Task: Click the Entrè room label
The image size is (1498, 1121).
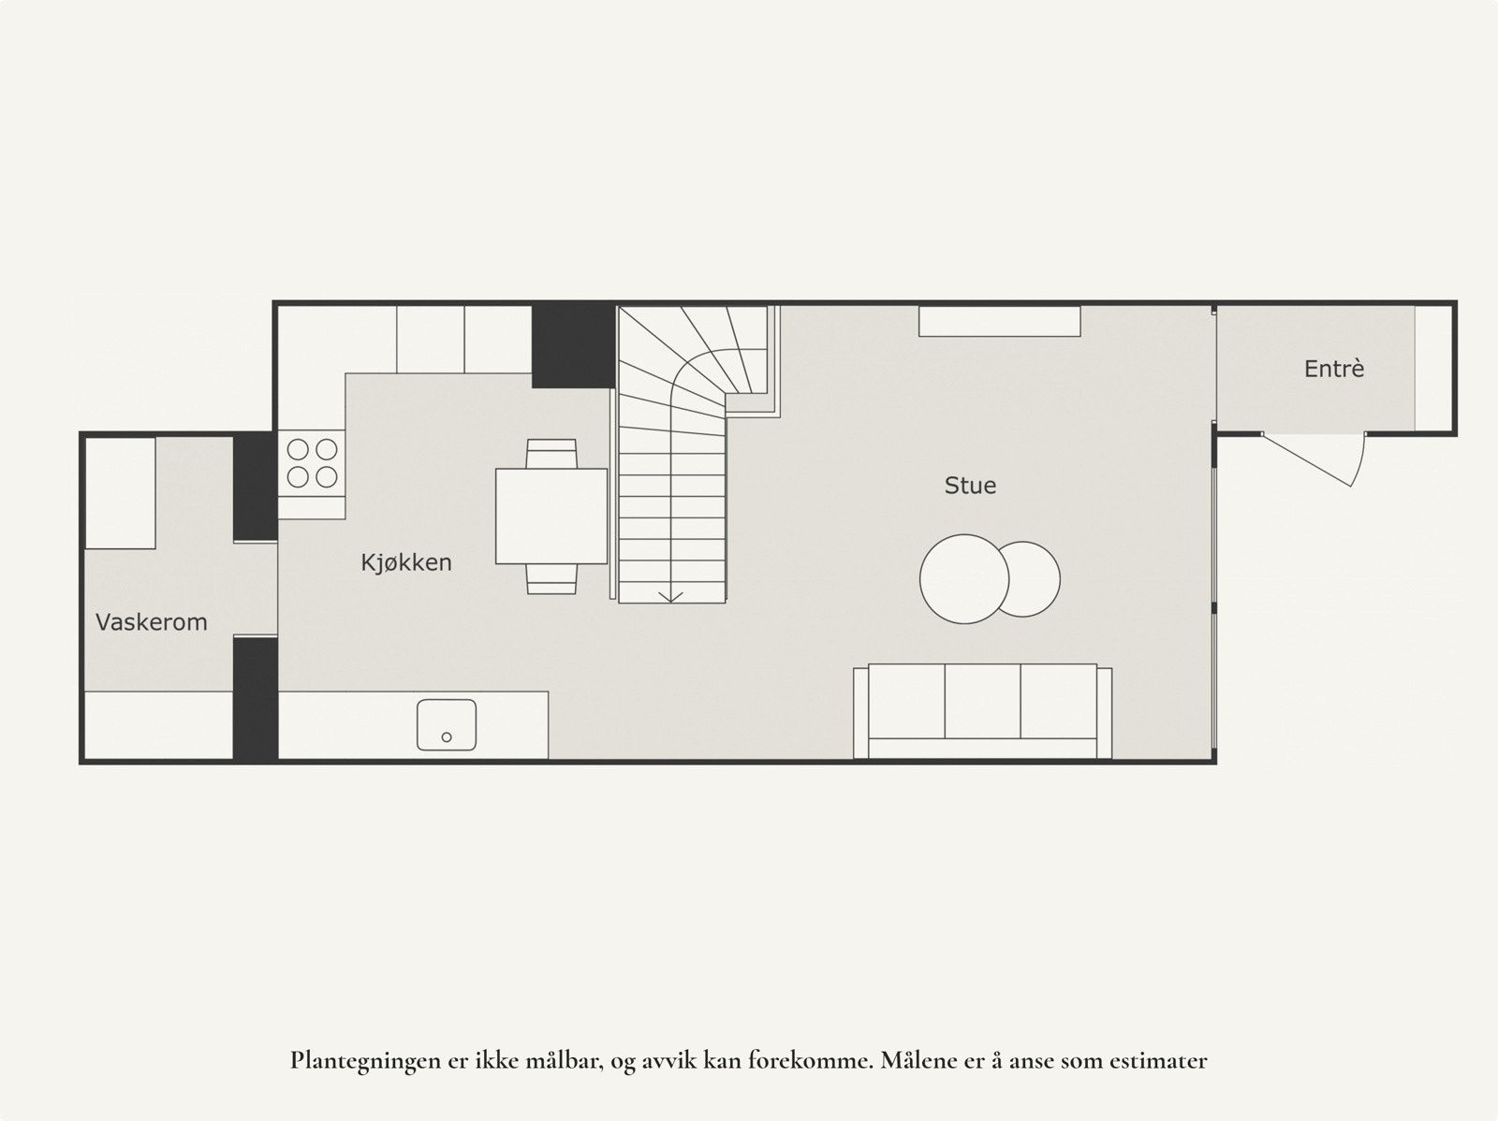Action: [1333, 369]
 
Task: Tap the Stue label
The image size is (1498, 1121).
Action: [970, 486]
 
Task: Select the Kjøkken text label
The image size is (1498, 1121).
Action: [406, 562]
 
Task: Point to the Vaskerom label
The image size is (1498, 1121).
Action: [152, 622]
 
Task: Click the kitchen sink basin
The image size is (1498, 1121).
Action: [447, 724]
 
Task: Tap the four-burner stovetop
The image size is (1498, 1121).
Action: [312, 463]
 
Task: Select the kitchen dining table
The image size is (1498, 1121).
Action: [551, 516]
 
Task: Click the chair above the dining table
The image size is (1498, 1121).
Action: [551, 453]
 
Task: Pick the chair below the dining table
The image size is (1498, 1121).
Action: [551, 579]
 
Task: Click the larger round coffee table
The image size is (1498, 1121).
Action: [960, 578]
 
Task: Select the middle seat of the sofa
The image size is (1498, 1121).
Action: [982, 701]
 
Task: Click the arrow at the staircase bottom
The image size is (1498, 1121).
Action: [670, 596]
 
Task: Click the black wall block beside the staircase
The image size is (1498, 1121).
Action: [573, 344]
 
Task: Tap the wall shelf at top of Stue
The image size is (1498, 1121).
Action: [999, 321]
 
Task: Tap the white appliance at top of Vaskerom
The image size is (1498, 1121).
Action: [121, 493]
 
